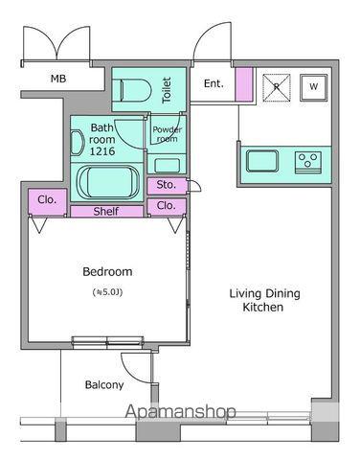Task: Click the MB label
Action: pyautogui.click(x=58, y=79)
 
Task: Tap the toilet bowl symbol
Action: pyautogui.click(x=135, y=90)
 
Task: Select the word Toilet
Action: pyautogui.click(x=167, y=90)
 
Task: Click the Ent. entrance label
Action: pyautogui.click(x=214, y=83)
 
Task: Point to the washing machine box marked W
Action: pyautogui.click(x=314, y=87)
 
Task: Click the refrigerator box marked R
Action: pyautogui.click(x=277, y=88)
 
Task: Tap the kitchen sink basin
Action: pyautogui.click(x=262, y=161)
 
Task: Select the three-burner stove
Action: pyautogui.click(x=308, y=162)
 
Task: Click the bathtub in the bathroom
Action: pyautogui.click(x=109, y=182)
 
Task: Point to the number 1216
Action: pyautogui.click(x=102, y=151)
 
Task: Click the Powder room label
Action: pyautogui.click(x=167, y=134)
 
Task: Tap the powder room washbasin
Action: pyautogui.click(x=167, y=166)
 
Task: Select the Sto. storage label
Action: pyautogui.click(x=166, y=185)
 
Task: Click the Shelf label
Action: pyautogui.click(x=106, y=211)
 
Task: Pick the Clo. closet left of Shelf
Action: pyautogui.click(x=47, y=200)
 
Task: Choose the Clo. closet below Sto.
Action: pyautogui.click(x=166, y=206)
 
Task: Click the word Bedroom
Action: pyautogui.click(x=107, y=272)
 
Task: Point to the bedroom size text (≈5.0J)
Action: pyautogui.click(x=107, y=292)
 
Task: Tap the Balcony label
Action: pyautogui.click(x=104, y=385)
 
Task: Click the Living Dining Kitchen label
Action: pyautogui.click(x=264, y=300)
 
